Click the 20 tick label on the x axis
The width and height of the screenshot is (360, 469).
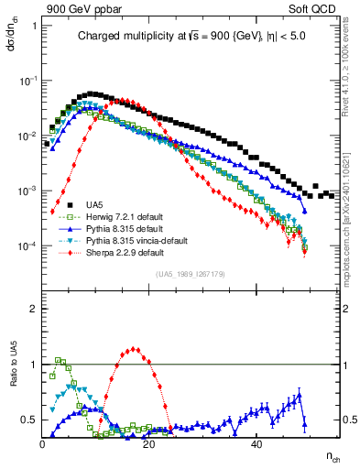151,443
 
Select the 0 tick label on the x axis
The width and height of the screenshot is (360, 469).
43,443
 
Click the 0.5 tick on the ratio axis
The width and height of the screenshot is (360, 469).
31,420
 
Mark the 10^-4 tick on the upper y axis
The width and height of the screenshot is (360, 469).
28,247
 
